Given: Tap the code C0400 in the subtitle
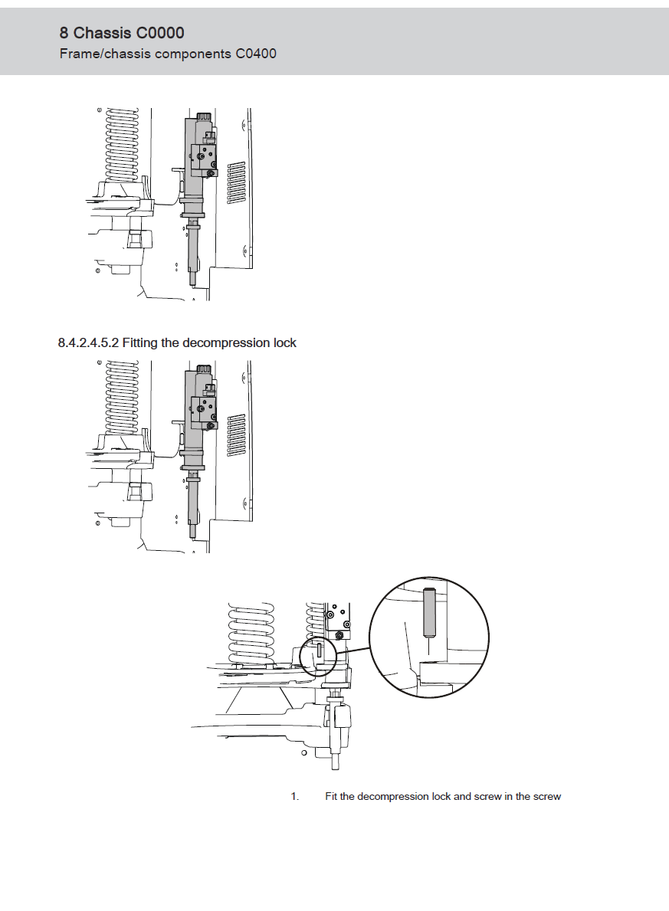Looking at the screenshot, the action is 256,54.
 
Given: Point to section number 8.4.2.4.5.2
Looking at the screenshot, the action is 88,342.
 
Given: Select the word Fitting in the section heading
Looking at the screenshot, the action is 140,342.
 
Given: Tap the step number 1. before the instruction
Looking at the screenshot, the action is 295,796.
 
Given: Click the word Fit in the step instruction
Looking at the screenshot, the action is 331,796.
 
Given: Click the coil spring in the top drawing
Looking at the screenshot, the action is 121,146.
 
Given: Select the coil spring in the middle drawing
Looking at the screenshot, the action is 121,398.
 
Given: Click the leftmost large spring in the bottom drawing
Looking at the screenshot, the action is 251,634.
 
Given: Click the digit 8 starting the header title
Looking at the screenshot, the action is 64,32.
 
